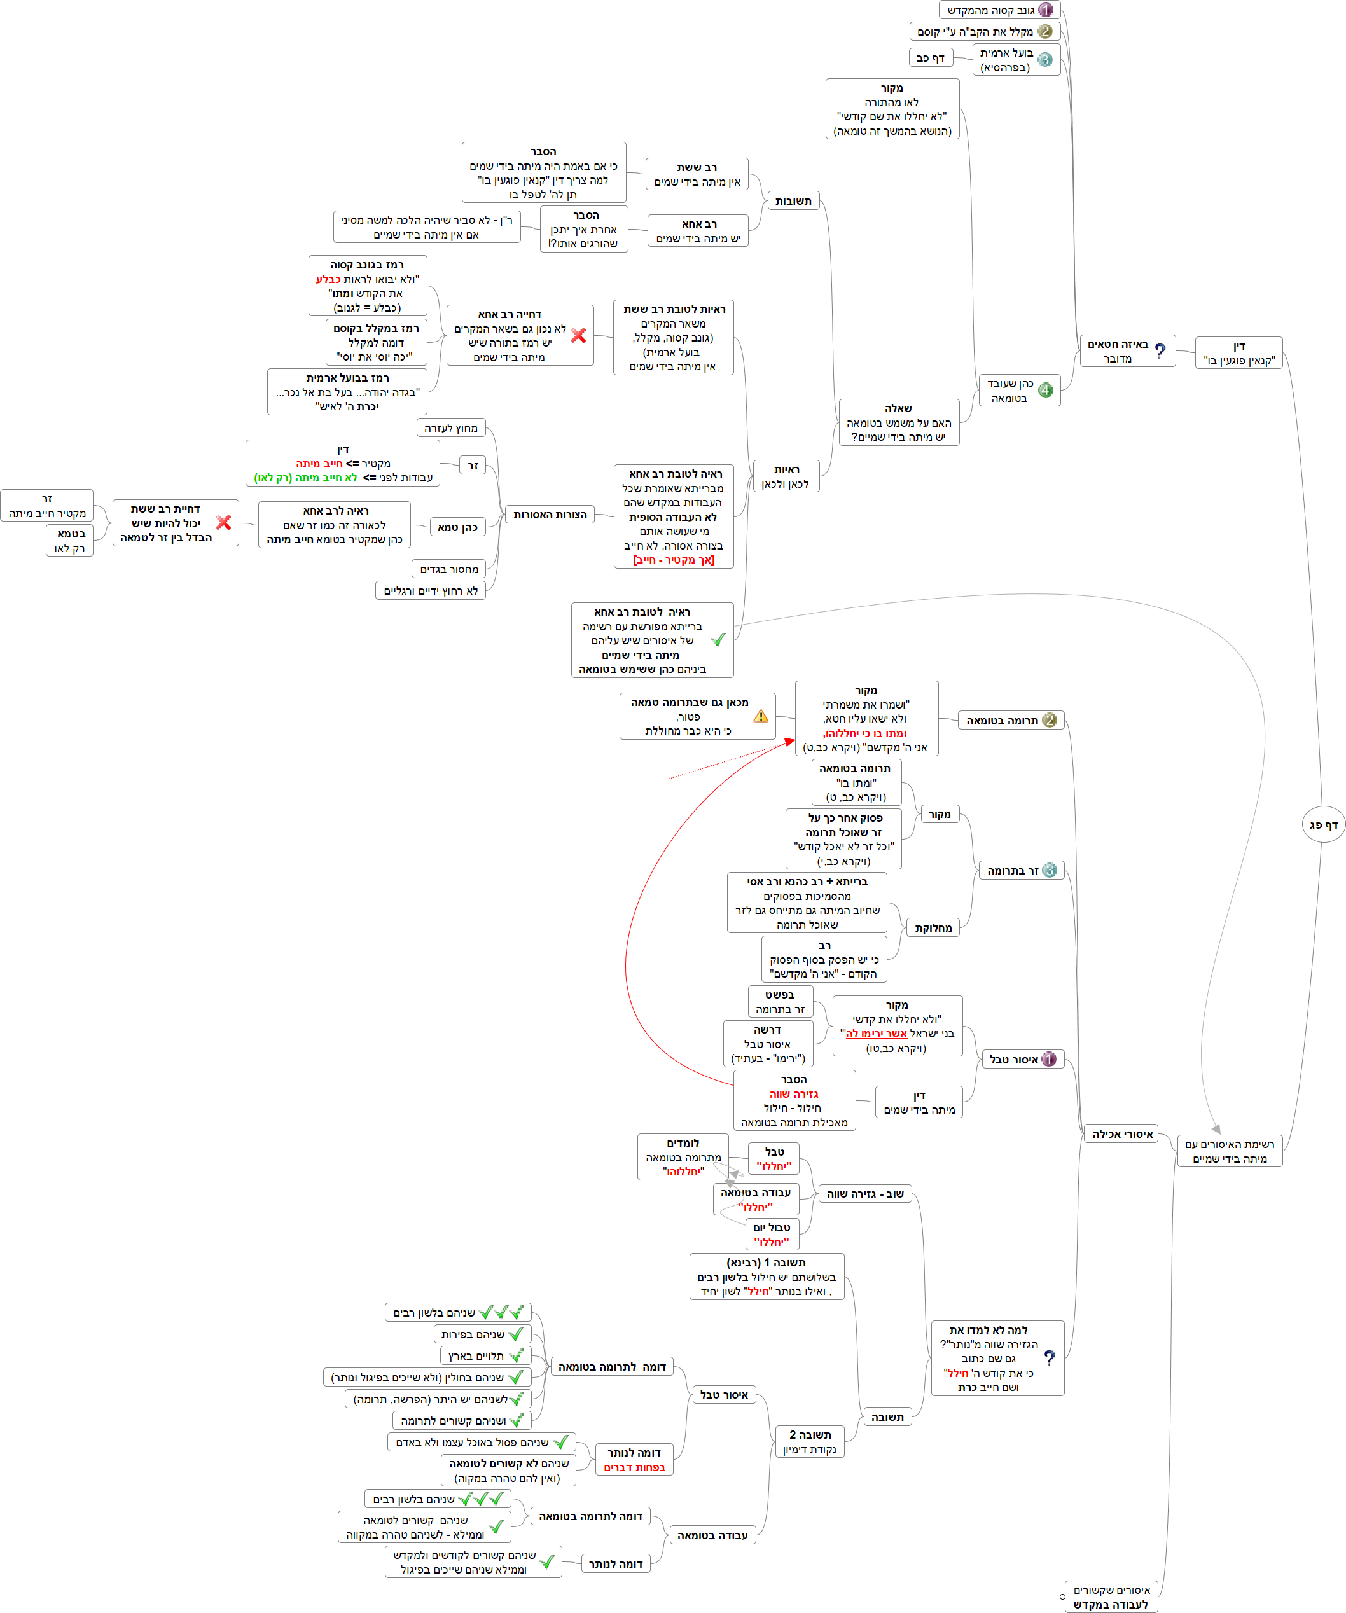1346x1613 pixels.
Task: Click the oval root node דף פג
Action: (x=1323, y=825)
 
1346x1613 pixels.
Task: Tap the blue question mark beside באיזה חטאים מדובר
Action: (x=1160, y=351)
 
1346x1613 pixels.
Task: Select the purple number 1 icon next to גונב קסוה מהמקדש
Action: (x=1046, y=10)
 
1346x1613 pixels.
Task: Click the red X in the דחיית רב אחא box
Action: (x=578, y=336)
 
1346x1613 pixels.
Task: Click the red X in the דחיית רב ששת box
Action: (x=223, y=522)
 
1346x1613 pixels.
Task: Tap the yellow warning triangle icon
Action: (x=761, y=716)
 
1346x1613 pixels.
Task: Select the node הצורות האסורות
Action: (x=550, y=515)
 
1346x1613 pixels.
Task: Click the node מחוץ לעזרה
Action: (x=451, y=428)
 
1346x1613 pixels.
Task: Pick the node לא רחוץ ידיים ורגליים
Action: (x=431, y=591)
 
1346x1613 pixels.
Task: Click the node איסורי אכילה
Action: (x=1123, y=1133)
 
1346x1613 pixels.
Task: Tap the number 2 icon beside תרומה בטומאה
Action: (x=1050, y=720)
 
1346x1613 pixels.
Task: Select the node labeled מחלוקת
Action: (x=933, y=928)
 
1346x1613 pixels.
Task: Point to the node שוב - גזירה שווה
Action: (x=865, y=1194)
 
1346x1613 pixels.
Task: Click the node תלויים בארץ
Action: (x=485, y=1355)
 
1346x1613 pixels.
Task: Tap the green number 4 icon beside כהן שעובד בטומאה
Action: (x=1046, y=390)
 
